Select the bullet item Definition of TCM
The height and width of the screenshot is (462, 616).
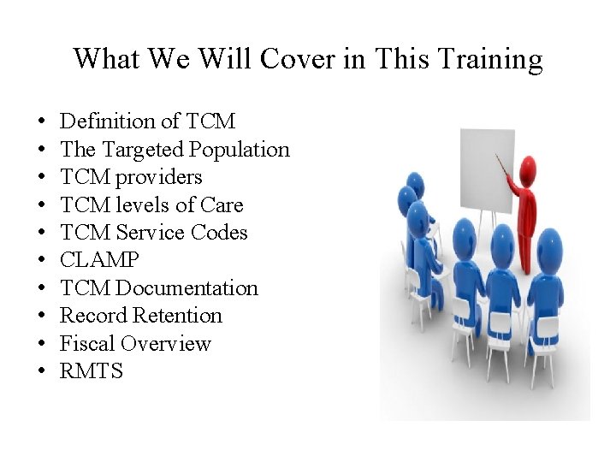tap(147, 121)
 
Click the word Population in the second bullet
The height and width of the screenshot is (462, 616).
tap(240, 150)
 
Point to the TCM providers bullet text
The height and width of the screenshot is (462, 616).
tap(131, 177)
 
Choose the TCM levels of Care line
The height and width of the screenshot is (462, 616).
tap(151, 205)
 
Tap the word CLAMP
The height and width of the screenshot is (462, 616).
tap(99, 260)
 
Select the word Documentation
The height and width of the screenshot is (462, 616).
tap(187, 288)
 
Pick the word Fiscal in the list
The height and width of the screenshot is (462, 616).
tap(87, 344)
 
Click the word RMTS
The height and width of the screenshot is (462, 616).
tap(92, 371)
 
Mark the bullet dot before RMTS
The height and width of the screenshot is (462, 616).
tap(40, 372)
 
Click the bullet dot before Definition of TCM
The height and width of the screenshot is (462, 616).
tap(40, 122)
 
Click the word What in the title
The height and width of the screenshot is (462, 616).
tap(101, 59)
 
